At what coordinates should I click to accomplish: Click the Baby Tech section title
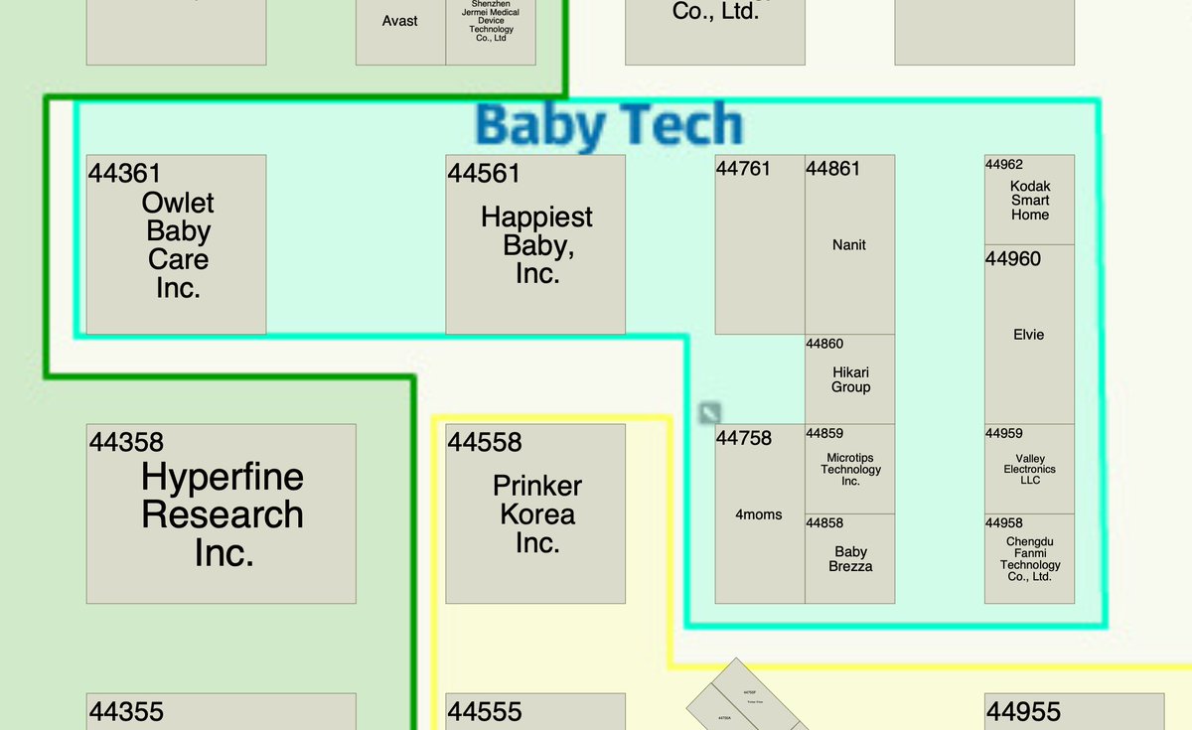tap(609, 126)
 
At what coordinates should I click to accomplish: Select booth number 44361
tap(125, 173)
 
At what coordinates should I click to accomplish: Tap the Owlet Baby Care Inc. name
tap(178, 245)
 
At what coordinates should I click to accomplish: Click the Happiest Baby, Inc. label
tap(536, 244)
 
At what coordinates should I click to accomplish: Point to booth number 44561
tap(484, 173)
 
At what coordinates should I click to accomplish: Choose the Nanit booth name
tap(849, 244)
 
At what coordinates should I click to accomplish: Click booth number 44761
tap(743, 169)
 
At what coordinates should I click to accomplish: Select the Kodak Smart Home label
tap(1030, 201)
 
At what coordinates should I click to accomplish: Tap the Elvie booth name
tap(1029, 335)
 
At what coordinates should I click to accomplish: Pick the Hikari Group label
tap(850, 379)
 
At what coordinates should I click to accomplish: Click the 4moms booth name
tap(759, 514)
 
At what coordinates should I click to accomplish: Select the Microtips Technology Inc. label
tap(850, 469)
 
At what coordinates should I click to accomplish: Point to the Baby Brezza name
tap(850, 559)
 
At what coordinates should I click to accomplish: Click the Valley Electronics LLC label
tap(1030, 469)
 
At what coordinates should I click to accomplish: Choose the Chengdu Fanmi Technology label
tap(1030, 559)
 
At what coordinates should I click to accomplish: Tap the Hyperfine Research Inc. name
tap(223, 514)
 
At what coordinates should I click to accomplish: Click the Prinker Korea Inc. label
tap(537, 514)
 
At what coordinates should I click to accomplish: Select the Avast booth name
tap(400, 21)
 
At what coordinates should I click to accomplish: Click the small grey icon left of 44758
tap(709, 413)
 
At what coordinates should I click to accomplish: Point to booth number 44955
tap(1023, 712)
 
